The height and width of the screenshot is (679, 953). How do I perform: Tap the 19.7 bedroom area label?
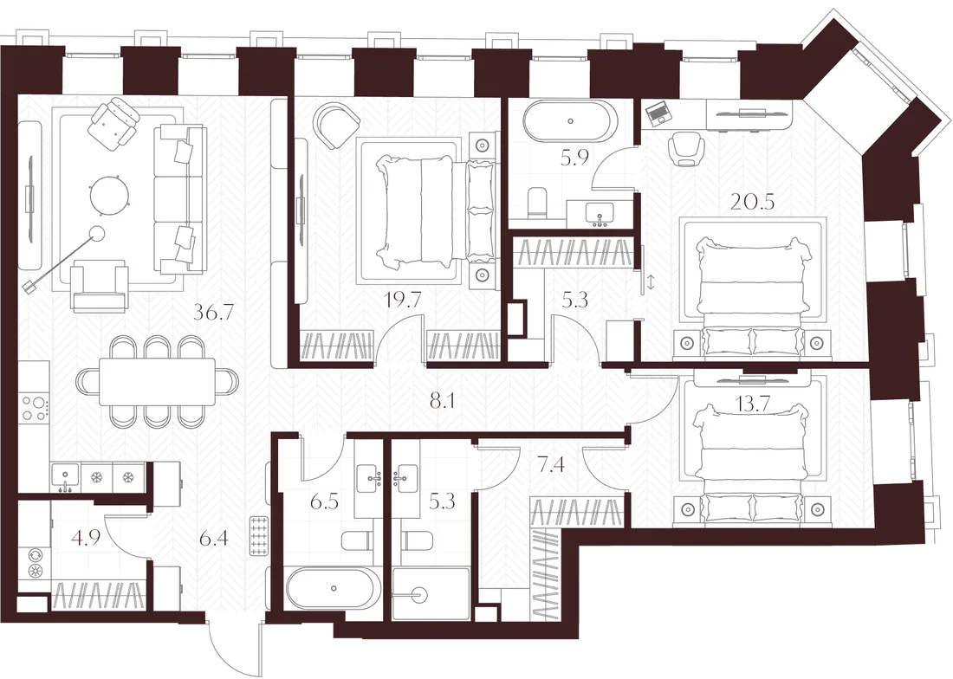point(403,299)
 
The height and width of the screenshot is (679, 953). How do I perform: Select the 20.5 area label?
point(752,201)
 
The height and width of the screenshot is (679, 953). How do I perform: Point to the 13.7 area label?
point(752,405)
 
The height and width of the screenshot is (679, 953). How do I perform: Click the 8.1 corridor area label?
point(442,402)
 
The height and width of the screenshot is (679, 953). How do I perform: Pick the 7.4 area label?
point(551,465)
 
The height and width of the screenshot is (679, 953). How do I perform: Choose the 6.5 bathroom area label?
point(324,503)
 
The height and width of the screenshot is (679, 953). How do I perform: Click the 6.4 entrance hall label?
point(213,538)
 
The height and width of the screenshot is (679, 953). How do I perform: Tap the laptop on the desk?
point(657,113)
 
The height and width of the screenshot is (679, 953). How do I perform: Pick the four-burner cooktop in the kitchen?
point(34,407)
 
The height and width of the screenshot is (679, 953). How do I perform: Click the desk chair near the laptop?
point(685,150)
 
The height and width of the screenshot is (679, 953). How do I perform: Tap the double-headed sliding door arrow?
point(651,282)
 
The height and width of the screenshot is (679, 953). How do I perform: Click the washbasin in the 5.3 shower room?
point(405,476)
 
